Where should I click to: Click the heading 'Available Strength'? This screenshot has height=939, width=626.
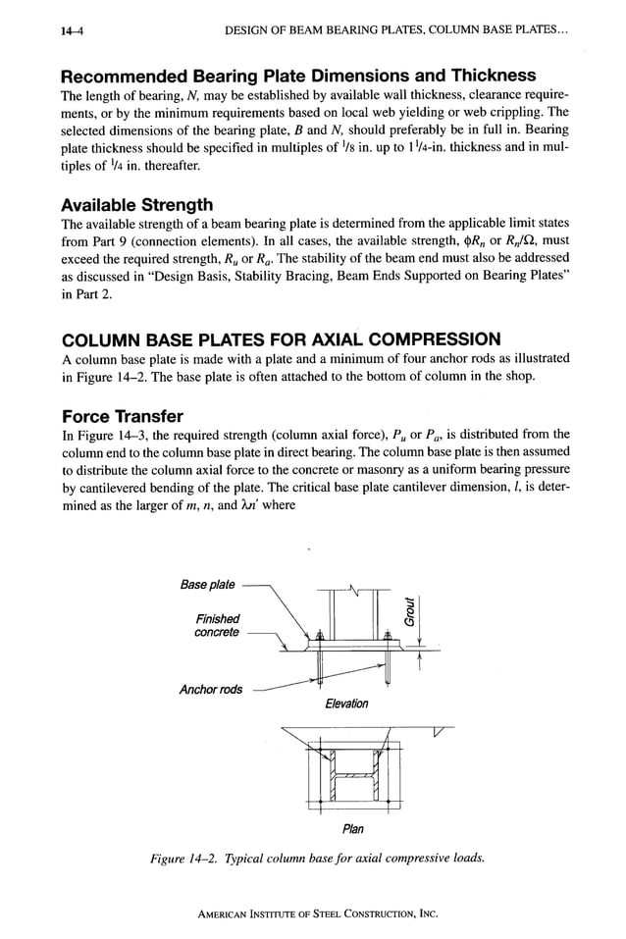click(136, 205)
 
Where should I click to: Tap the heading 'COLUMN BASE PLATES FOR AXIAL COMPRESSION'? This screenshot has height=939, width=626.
click(281, 339)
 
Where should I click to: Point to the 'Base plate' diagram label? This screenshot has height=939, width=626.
click(208, 585)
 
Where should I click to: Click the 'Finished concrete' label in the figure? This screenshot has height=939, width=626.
click(217, 625)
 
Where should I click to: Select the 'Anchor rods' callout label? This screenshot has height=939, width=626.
click(211, 690)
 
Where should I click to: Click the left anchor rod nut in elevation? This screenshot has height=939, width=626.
click(320, 639)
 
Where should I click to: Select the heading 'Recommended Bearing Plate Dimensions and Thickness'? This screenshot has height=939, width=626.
click(298, 76)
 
